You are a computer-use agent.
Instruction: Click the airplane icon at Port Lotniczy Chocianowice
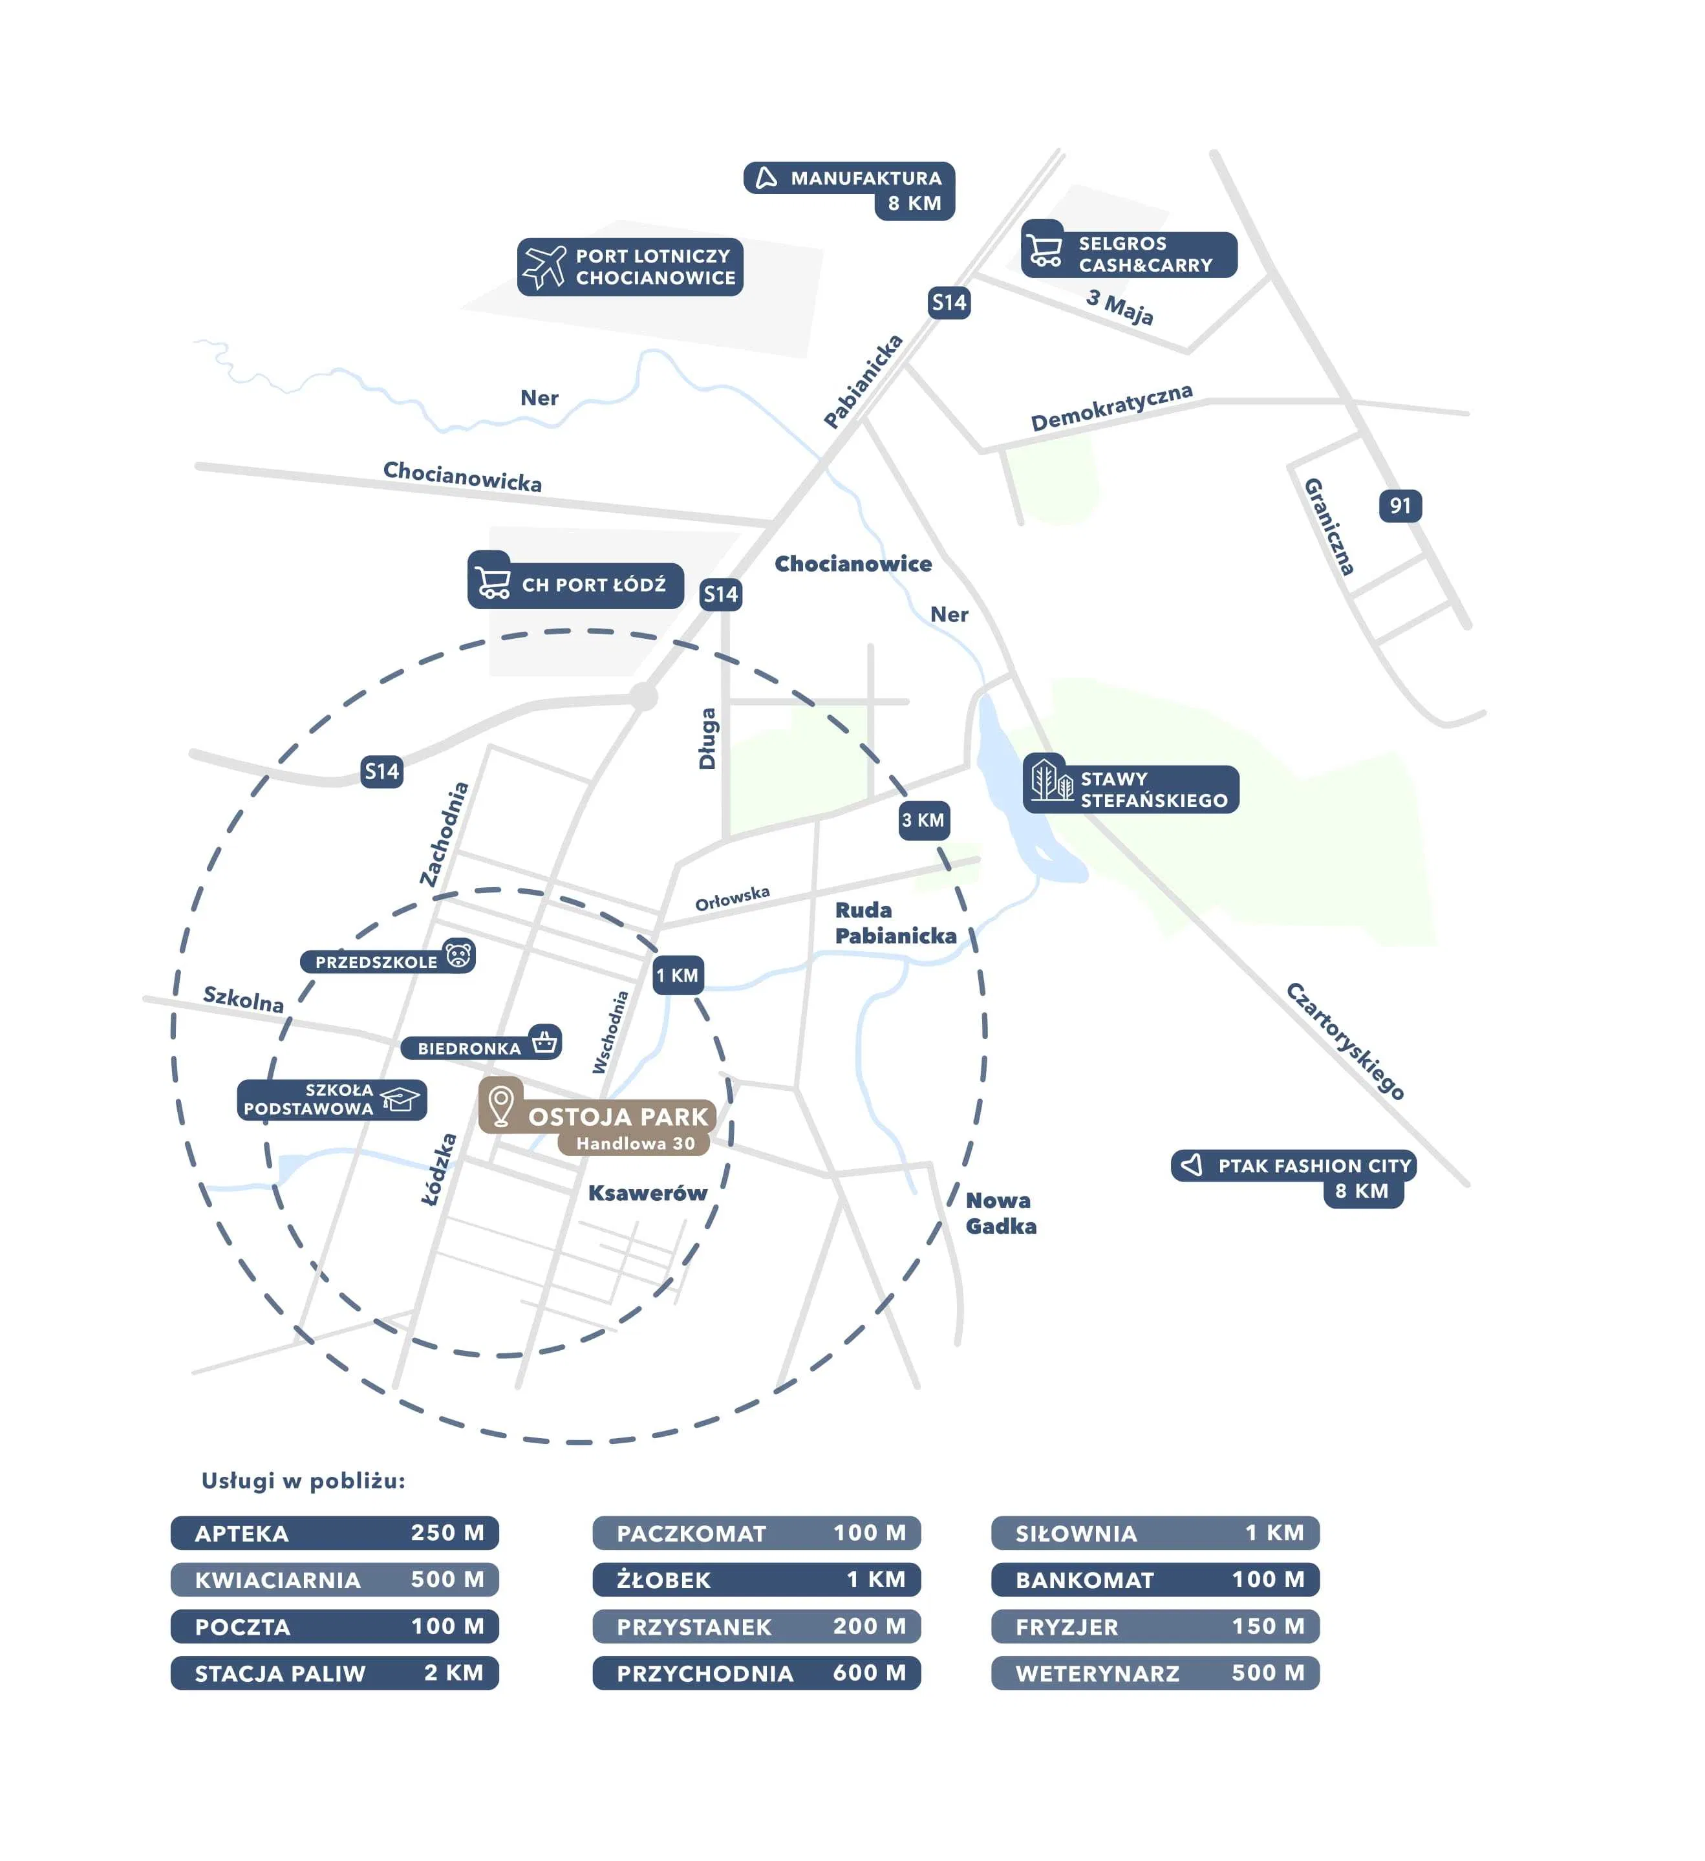544,267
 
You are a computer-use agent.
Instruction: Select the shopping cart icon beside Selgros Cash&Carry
1045,249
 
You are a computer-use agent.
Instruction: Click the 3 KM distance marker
923,821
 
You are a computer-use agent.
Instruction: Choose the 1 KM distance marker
678,976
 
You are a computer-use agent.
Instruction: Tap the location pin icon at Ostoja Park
500,1105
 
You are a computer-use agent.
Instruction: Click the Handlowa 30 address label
634,1144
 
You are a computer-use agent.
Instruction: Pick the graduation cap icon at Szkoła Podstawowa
400,1099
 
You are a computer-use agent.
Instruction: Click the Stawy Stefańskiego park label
1131,790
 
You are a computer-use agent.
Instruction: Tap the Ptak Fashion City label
1293,1166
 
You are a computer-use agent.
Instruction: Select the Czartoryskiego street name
1345,1041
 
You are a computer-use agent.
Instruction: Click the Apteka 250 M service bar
334,1533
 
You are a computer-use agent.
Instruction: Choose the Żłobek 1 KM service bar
756,1580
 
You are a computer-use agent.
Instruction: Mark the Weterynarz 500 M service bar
1155,1673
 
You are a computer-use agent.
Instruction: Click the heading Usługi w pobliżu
303,1481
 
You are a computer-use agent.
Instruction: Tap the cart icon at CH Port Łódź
491,581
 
